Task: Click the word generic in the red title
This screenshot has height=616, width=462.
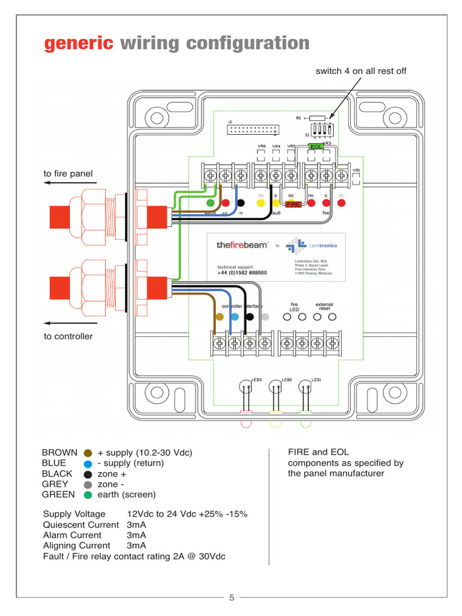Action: point(79,43)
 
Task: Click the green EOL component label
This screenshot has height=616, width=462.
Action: point(316,146)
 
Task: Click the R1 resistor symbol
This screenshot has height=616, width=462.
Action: point(316,118)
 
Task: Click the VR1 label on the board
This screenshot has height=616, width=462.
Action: point(357,170)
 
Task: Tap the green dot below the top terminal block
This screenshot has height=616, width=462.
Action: point(211,203)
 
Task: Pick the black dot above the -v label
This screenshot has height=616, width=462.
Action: point(241,203)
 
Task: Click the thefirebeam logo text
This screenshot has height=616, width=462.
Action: point(241,245)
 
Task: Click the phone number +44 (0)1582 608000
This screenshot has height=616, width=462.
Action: point(242,273)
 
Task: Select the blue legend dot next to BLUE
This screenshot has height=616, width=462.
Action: point(88,464)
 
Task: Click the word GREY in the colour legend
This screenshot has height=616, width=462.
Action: point(55,484)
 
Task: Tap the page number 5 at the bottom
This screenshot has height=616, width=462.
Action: point(232,597)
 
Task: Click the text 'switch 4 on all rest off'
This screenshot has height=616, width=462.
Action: point(361,71)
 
